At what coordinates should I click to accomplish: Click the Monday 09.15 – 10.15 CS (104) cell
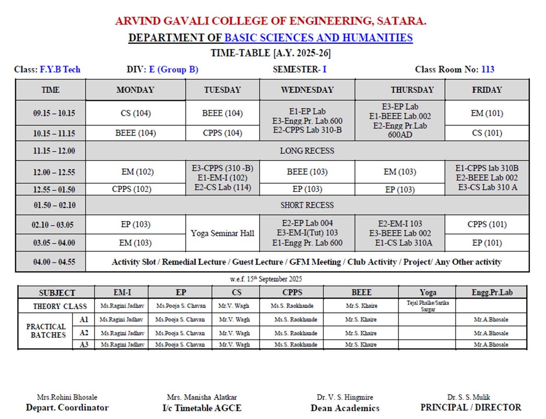[135, 113]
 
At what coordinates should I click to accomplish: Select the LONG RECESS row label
[307, 151]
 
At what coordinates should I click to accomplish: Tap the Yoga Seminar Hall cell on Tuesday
[222, 233]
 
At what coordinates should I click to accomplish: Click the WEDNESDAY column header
[307, 90]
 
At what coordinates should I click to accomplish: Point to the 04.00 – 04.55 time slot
[54, 262]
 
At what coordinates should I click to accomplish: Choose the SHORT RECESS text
[307, 205]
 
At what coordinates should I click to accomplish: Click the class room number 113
[487, 69]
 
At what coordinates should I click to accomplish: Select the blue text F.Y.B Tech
[60, 69]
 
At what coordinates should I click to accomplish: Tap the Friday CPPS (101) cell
[487, 224]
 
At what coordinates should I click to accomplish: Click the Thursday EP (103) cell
[400, 190]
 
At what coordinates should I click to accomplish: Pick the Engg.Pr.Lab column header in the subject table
[491, 292]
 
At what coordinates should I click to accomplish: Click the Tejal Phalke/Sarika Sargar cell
[428, 306]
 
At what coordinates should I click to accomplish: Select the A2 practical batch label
[84, 333]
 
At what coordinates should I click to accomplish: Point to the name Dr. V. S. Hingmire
[345, 397]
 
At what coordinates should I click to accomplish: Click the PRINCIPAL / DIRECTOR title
[470, 407]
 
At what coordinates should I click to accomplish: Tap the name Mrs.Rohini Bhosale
[67, 397]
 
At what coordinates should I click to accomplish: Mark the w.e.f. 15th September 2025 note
[266, 279]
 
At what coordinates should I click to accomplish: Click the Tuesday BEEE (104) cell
[222, 113]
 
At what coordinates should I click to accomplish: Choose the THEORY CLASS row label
[60, 306]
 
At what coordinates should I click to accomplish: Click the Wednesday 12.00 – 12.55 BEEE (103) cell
[307, 172]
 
